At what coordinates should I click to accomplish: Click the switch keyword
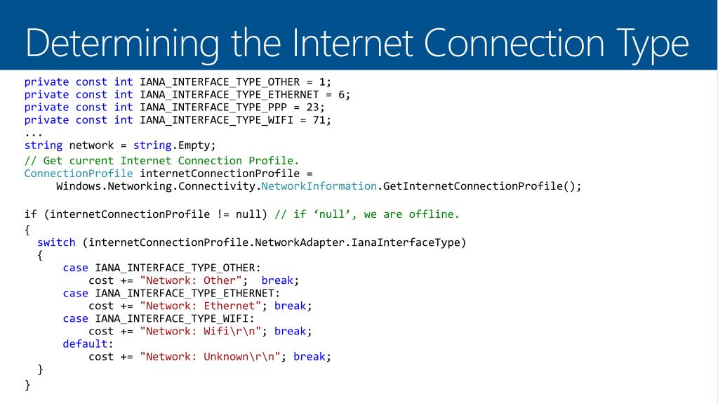[x=56, y=242]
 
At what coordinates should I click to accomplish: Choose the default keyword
[x=86, y=344]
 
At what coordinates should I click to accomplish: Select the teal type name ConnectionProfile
[x=79, y=174]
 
